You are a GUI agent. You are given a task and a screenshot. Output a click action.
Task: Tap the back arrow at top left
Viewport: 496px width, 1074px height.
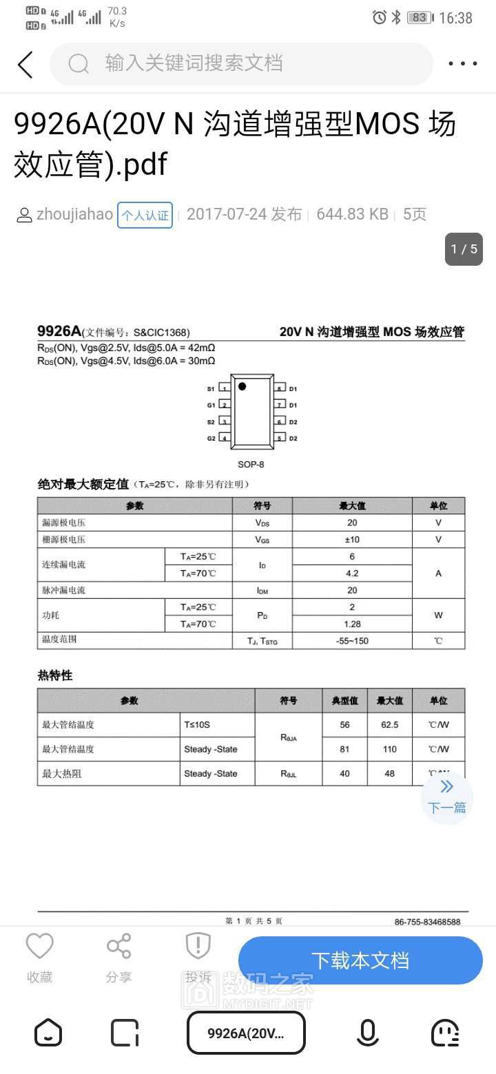[x=25, y=64]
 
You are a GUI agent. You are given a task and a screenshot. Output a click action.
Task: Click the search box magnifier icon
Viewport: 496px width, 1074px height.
[x=79, y=64]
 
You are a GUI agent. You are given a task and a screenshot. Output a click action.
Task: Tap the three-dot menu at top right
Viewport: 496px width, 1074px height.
[x=463, y=64]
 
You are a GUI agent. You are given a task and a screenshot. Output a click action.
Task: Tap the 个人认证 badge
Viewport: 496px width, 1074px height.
[x=145, y=215]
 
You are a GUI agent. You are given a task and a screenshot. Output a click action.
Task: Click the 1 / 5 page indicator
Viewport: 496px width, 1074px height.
[x=464, y=249]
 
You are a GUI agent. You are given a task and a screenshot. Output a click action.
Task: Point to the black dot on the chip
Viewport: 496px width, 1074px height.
[x=242, y=386]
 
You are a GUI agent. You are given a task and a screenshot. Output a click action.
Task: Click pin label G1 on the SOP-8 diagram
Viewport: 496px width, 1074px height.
[x=211, y=406]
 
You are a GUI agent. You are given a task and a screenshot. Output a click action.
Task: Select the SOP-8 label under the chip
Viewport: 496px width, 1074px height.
[x=251, y=464]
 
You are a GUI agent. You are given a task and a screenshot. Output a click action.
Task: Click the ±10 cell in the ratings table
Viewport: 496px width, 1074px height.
[x=352, y=540]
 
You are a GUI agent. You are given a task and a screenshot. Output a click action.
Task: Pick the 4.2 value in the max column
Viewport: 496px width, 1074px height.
[x=352, y=573]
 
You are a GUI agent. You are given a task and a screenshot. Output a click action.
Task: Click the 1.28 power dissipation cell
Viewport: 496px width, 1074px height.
[x=352, y=624]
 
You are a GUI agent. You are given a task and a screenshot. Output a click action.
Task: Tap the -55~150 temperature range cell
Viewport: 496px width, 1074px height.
[x=352, y=641]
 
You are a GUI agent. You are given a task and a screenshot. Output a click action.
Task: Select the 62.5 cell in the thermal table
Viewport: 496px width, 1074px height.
[x=389, y=725]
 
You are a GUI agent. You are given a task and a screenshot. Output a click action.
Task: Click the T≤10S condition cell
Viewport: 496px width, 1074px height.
[x=197, y=725]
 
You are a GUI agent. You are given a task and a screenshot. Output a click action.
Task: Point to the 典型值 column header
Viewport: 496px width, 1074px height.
[x=344, y=701]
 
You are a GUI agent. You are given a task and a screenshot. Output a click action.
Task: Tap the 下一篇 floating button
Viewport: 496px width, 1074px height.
[x=446, y=797]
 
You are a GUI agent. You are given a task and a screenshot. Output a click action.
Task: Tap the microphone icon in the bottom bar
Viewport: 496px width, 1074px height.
[x=367, y=1033]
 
